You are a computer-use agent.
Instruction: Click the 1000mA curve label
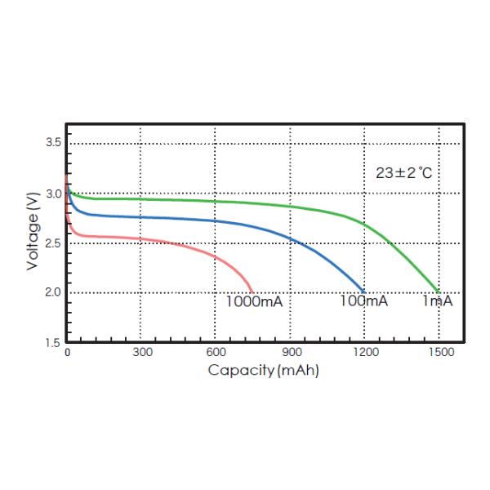[253, 301]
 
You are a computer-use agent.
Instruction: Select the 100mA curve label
[363, 301]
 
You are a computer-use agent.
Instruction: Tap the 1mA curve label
[437, 301]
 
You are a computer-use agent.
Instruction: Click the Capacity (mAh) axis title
[263, 370]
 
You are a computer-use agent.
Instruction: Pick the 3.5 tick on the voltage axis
[52, 143]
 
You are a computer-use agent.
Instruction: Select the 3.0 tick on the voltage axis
[52, 194]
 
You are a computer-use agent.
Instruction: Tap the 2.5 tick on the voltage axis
[52, 243]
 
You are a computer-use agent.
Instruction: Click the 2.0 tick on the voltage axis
[52, 292]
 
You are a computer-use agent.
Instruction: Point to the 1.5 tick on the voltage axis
[52, 342]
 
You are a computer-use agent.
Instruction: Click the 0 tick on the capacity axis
[68, 352]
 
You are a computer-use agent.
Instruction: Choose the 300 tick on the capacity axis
[142, 352]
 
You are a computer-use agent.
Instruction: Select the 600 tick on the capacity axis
[216, 352]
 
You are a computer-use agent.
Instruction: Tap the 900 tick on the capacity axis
[292, 352]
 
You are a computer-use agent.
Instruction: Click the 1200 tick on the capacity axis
[366, 352]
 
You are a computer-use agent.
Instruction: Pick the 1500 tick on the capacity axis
[440, 352]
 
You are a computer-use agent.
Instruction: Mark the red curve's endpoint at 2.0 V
[252, 292]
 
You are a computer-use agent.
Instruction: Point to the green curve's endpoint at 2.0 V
[439, 292]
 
